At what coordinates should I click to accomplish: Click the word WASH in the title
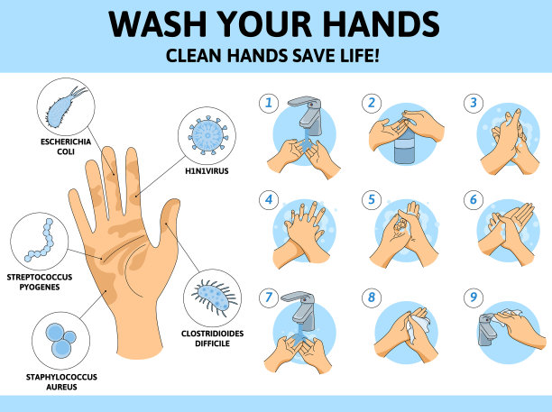point(158,23)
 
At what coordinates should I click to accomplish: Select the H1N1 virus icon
point(207,135)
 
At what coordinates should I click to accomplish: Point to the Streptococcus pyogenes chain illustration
point(40,240)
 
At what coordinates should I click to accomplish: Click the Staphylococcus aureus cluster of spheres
point(61,340)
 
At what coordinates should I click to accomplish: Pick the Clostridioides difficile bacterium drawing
point(214,298)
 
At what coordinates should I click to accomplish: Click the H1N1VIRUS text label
point(207,171)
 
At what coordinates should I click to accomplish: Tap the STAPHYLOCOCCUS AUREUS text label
point(61,381)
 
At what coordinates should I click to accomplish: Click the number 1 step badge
point(269,103)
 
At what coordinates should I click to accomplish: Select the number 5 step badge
point(372,200)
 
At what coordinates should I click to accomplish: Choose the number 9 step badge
point(474,297)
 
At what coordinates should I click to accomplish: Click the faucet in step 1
point(307,114)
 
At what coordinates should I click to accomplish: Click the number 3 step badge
point(474,103)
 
